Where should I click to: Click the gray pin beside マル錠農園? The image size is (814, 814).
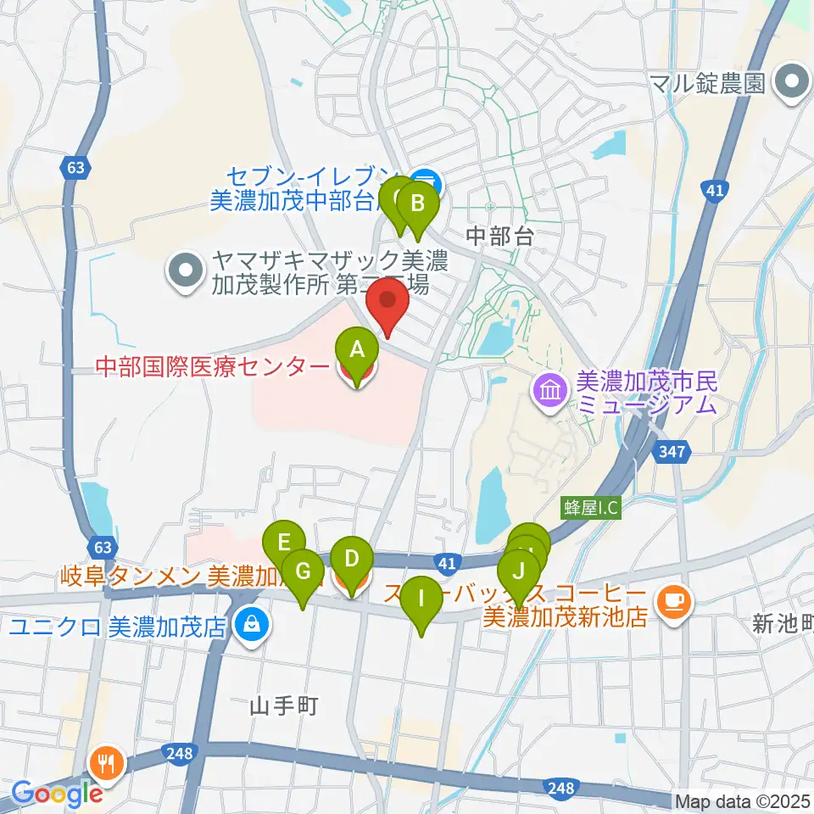tap(794, 82)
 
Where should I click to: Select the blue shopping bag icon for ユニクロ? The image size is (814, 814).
tap(250, 627)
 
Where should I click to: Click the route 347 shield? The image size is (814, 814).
tap(670, 454)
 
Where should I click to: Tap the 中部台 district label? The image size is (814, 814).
tap(499, 237)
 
